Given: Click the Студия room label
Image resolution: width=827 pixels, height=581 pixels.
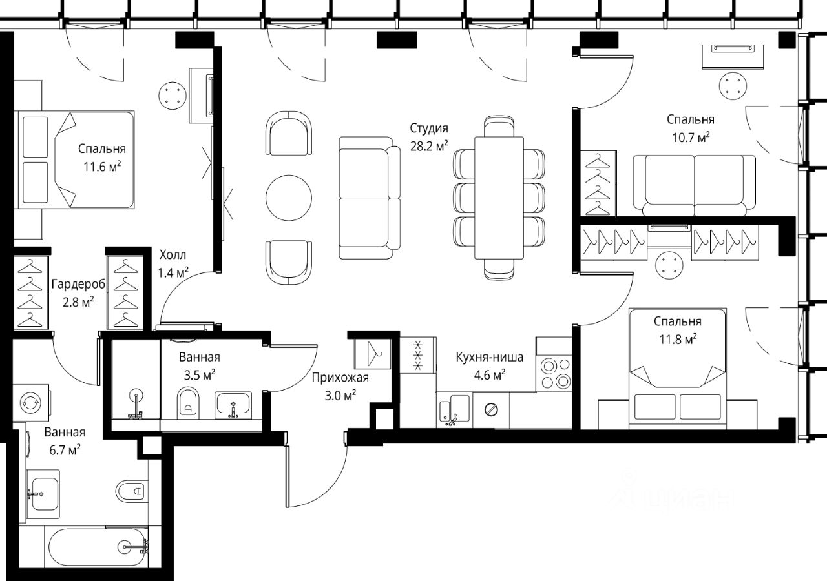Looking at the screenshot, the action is coord(429,128).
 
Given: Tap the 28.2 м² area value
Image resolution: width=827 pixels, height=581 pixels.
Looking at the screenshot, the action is coord(429,146).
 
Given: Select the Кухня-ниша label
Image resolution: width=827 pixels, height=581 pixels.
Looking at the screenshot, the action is coord(490,357).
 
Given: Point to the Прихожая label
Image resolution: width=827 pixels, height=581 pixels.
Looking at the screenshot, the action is coord(340,378).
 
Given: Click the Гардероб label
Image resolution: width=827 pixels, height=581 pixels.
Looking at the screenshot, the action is coord(78,284).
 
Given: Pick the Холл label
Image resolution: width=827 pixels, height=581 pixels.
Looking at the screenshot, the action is coord(173,254).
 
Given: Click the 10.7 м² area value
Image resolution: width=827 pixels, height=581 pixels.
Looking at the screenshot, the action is coord(691,138).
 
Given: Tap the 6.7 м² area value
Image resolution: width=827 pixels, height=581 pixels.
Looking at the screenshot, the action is coord(65,450).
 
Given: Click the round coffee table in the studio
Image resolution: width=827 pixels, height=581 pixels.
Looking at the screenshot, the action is coord(289,198).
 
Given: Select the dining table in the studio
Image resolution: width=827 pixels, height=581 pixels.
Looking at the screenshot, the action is coord(499,198).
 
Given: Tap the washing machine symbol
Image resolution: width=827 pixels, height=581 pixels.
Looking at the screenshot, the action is coord(31,402).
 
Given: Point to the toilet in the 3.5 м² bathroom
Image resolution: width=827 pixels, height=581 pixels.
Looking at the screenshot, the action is coord(188,403).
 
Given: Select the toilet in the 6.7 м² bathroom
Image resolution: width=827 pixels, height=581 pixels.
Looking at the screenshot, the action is coord(130,491).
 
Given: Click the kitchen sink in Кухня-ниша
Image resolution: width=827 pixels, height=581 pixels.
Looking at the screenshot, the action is coord(454,410).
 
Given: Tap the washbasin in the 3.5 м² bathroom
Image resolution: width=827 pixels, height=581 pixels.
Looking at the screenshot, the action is coord(233,405).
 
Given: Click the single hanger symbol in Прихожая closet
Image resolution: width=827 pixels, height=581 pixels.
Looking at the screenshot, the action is coord(374,353).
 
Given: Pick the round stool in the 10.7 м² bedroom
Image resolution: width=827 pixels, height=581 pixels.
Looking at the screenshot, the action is coord(733,86).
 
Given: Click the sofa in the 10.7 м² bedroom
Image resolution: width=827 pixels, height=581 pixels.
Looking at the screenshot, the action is coord(694,185).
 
